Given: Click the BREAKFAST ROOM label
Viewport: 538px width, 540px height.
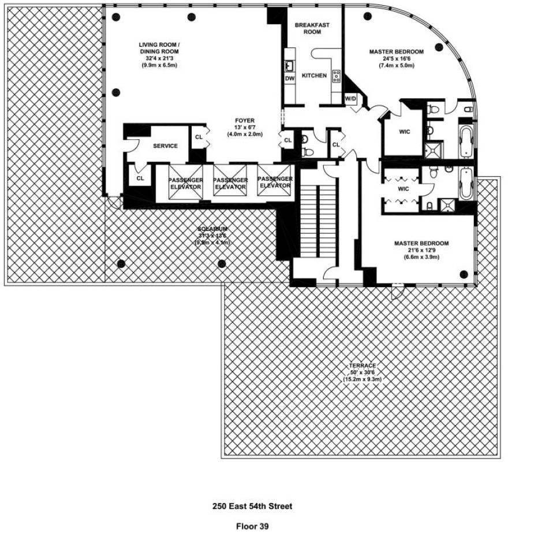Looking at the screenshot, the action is (x=308, y=28).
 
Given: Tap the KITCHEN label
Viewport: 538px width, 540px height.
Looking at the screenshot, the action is (x=314, y=76).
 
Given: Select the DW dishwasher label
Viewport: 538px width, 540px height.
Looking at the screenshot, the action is (x=290, y=78).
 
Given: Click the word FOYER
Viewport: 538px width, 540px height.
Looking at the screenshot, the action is (x=245, y=121).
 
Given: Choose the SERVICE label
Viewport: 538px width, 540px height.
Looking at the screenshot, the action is (x=165, y=146).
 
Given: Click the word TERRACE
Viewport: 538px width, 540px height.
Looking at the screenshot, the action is (x=363, y=366).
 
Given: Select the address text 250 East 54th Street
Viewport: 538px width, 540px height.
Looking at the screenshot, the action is (x=252, y=506).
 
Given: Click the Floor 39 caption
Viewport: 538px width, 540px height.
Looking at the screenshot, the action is (x=252, y=526).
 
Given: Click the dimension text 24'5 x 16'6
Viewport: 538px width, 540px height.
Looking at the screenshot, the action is (x=397, y=58).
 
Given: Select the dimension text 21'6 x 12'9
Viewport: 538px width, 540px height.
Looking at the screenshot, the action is (x=421, y=250).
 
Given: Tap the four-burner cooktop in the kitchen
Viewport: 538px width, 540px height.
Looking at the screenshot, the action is (x=337, y=76).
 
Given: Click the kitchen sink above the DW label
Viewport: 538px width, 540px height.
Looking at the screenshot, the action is (x=290, y=65).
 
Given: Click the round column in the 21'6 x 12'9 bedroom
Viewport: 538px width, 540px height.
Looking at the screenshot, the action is (x=463, y=274).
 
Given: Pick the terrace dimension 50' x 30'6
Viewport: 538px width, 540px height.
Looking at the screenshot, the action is (x=363, y=373).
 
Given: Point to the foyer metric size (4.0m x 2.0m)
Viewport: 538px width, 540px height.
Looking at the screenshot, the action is (x=245, y=135).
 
